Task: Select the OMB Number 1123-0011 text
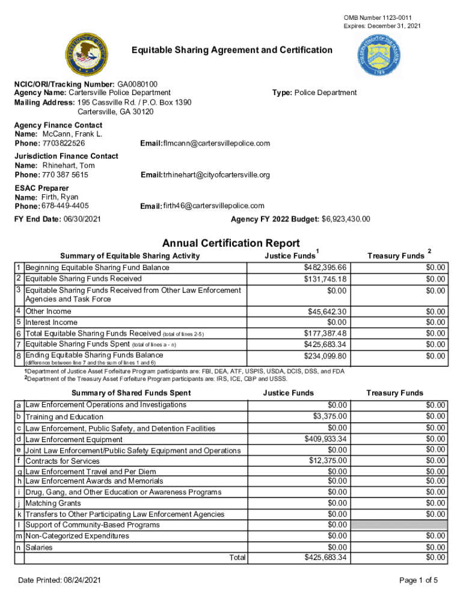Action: point(378,18)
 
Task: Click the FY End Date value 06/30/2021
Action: point(81,219)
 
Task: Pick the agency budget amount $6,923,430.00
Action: point(346,219)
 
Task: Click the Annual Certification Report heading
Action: point(231,243)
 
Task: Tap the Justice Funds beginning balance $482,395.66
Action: point(325,267)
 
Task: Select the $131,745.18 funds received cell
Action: point(325,279)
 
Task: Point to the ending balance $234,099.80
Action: point(325,356)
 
